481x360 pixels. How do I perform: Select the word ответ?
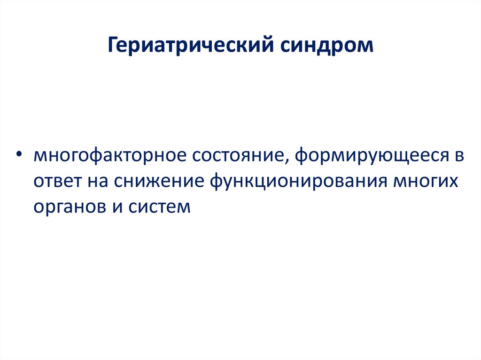56,182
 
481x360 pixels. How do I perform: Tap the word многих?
425,182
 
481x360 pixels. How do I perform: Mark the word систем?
158,207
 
